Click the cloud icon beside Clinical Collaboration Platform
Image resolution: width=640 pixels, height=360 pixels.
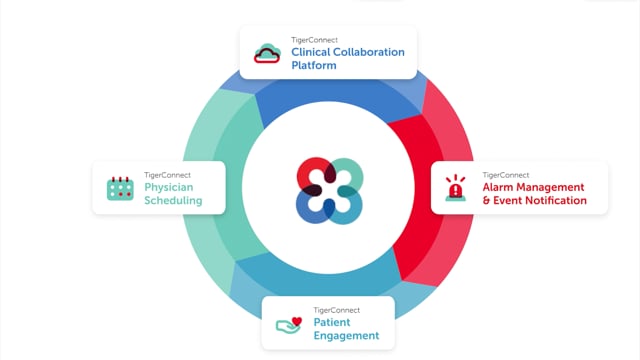pyautogui.click(x=267, y=53)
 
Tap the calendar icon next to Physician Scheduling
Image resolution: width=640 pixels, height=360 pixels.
pyautogui.click(x=120, y=188)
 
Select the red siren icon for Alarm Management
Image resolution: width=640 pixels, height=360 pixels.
pyautogui.click(x=456, y=187)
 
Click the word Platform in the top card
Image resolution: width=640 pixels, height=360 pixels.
pyautogui.click(x=314, y=66)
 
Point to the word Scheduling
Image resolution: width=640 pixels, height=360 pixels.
pyautogui.click(x=173, y=200)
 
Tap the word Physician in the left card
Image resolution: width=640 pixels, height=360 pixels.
pyautogui.click(x=168, y=187)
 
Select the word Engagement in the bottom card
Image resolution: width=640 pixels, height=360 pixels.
pyautogui.click(x=346, y=336)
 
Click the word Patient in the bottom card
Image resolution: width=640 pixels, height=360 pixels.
pyautogui.click(x=331, y=323)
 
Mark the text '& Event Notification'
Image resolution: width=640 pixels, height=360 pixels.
pyautogui.click(x=534, y=200)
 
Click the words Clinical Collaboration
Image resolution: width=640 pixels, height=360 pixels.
pyautogui.click(x=348, y=52)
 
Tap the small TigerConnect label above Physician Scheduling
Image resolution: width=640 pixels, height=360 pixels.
pyautogui.click(x=167, y=174)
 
